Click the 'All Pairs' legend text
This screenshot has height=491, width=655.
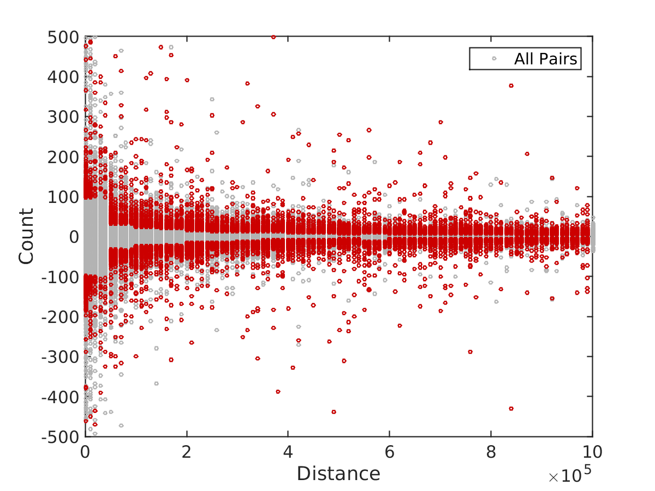point(545,59)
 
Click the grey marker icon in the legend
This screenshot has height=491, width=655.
point(494,59)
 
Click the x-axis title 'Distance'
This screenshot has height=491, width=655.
point(338,474)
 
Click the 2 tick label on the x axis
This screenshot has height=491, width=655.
point(187,452)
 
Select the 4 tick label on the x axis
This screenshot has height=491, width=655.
point(288,452)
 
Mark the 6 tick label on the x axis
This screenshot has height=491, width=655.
point(390,452)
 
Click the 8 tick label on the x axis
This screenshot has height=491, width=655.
point(491,452)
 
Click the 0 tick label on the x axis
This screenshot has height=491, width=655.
point(86,452)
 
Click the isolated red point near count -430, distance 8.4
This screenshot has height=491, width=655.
point(511,409)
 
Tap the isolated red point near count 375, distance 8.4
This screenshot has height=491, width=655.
point(511,86)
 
